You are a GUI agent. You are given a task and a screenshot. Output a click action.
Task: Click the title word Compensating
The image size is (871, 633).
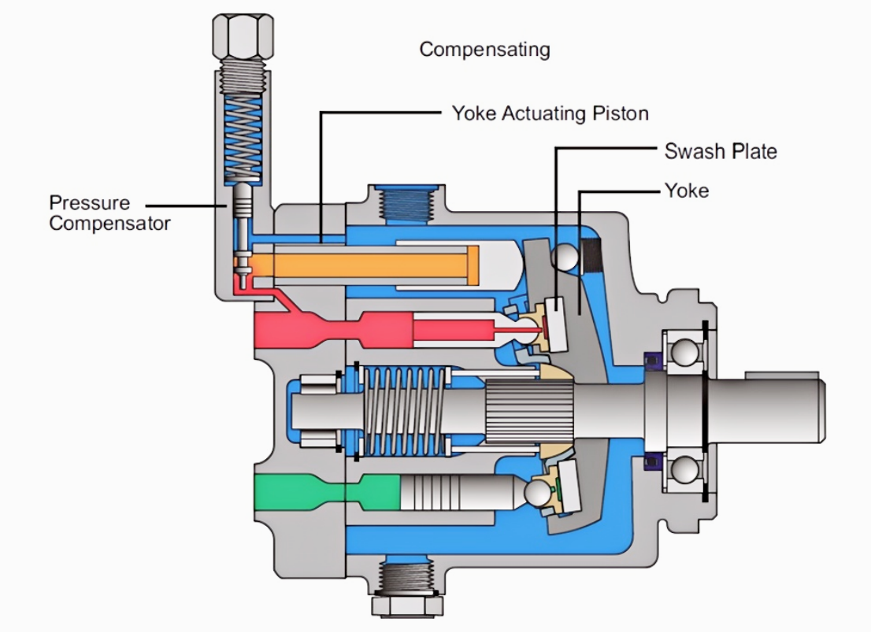(x=484, y=50)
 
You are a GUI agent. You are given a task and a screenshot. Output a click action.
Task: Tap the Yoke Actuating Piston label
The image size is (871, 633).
(x=550, y=113)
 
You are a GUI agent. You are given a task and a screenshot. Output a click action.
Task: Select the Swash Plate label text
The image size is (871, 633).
(x=721, y=151)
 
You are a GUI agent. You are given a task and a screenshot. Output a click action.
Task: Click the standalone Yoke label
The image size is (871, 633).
(x=687, y=191)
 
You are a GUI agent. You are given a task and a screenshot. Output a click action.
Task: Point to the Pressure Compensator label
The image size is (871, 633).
(x=109, y=213)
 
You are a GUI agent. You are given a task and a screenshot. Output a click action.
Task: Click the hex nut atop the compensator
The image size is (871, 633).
(x=243, y=37)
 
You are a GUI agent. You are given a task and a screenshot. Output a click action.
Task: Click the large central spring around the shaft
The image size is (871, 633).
(x=405, y=412)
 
